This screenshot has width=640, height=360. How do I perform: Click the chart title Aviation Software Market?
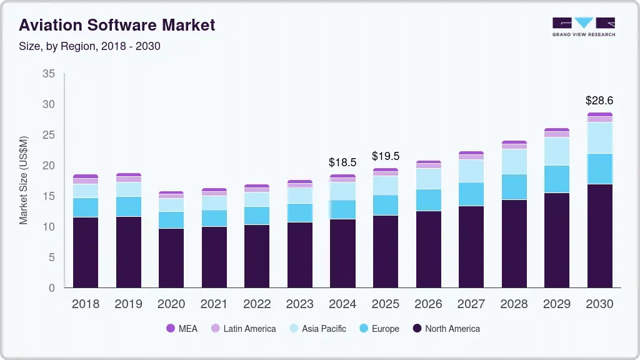point(117,25)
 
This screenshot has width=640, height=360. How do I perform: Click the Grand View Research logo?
point(583,26)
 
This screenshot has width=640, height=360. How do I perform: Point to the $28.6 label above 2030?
point(599,100)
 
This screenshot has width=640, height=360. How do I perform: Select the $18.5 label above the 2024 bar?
point(342,162)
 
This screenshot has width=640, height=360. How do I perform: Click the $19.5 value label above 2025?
point(385,156)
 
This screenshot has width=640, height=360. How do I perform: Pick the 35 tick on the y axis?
point(49,74)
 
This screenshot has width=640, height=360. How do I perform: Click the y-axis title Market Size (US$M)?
point(24,180)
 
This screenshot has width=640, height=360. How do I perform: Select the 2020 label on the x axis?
point(171,304)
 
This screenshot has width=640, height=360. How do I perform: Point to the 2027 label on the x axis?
point(471,304)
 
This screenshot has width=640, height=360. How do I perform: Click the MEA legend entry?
point(181,329)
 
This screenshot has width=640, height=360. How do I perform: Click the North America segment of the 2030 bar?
point(599,236)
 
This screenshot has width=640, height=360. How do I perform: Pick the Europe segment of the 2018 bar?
point(86,207)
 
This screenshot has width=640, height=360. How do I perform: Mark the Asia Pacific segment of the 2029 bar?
point(557,151)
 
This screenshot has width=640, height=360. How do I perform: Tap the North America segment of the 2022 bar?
point(257,256)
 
